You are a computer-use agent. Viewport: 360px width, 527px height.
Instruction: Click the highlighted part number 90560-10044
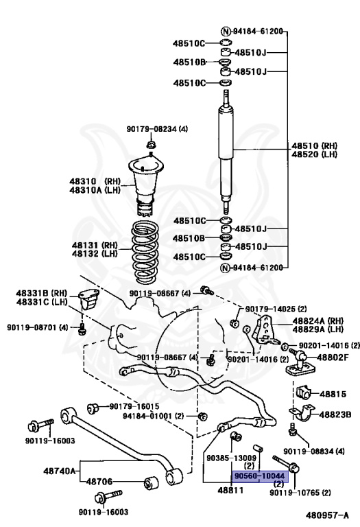pyautogui.click(x=259, y=475)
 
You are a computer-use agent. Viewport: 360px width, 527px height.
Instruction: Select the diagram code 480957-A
pyautogui.click(x=327, y=515)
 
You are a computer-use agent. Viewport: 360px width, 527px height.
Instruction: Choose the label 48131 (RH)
pyautogui.click(x=100, y=245)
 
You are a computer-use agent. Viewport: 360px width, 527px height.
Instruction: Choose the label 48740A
pyautogui.click(x=60, y=471)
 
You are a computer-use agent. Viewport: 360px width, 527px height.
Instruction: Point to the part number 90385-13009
pyautogui.click(x=230, y=458)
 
